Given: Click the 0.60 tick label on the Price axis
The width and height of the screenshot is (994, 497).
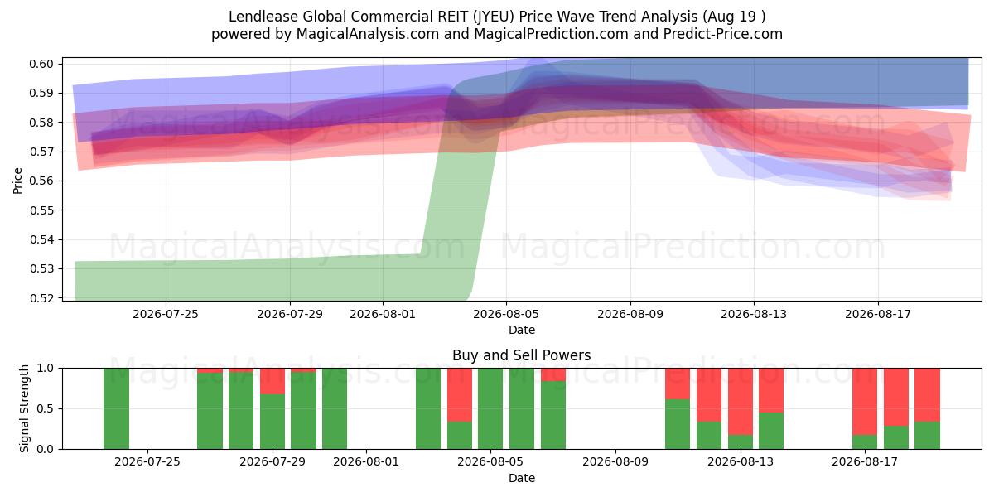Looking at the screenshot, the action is coord(41,64).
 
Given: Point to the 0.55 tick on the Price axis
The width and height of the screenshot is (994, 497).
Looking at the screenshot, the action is coord(41,210).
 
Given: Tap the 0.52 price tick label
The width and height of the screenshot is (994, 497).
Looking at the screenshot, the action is coord(41,298).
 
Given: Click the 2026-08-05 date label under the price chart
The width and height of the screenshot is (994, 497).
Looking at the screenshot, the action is coord(506,314).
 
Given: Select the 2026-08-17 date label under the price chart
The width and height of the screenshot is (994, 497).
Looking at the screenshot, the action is coord(878,314).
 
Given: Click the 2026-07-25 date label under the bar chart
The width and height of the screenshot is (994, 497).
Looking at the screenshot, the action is coord(147,461).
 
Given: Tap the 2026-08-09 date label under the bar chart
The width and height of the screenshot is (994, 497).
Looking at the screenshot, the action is coord(615,461).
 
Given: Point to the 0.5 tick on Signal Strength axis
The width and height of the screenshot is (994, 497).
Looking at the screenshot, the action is coord(46,408).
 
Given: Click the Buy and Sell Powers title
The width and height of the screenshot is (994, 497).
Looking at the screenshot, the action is coord(521,355).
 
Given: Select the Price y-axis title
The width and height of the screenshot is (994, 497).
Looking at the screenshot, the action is coord(17,181).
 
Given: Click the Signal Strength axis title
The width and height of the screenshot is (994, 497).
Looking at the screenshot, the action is coord(24,408).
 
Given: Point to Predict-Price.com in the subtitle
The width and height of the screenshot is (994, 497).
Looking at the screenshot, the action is coord(723,34).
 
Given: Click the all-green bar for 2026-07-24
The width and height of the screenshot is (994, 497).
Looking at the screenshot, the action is coord(116,408).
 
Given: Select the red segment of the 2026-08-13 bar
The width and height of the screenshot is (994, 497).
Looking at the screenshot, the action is coord(741,402).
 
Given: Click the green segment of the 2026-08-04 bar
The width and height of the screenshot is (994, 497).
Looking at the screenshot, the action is coord(459,436).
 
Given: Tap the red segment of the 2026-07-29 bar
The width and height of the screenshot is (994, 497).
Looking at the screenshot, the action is coord(273,381).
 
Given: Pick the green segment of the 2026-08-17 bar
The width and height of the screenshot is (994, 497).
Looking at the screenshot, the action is coord(865,442).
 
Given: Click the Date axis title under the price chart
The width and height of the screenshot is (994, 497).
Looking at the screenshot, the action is coord(521,331).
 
